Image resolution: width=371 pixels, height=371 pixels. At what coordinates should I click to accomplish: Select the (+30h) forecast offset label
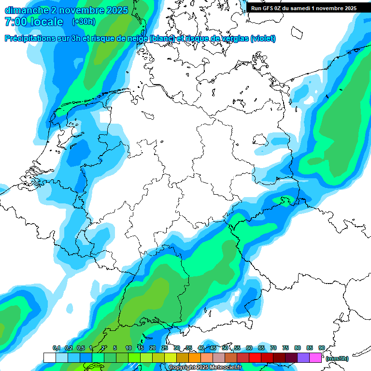tap(83, 22)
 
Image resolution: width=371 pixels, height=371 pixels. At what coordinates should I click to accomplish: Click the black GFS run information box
tap(304, 8)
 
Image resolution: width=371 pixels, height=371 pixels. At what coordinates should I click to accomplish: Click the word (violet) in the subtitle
tap(263, 39)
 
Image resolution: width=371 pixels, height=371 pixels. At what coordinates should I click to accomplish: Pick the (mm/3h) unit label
tap(338, 358)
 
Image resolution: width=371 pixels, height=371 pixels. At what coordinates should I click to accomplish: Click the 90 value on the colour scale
tap(321, 348)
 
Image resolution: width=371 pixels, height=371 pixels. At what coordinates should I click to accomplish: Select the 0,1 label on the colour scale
tap(56, 348)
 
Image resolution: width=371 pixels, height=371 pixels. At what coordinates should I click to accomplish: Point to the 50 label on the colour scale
tap(225, 348)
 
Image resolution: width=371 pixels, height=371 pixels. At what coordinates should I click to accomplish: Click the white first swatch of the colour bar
tap(49, 357)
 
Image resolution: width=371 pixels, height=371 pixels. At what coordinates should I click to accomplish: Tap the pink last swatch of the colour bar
tap(315, 357)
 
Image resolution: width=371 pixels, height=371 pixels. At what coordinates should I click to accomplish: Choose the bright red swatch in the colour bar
tap(255, 357)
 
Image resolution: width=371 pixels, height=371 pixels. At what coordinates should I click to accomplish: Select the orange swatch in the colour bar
tap(195, 357)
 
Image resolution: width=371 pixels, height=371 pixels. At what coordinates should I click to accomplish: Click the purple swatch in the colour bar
tap(303, 357)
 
